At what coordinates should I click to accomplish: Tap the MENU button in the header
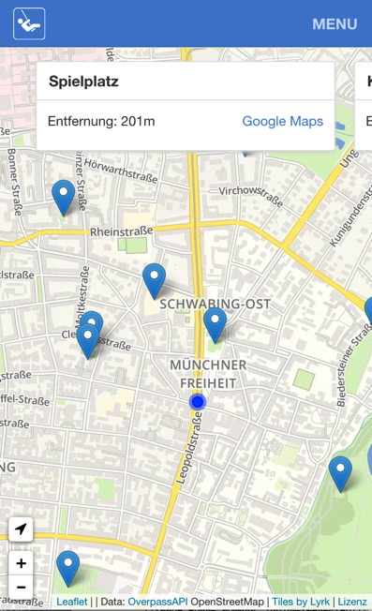point(335,24)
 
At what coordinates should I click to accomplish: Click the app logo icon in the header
point(29,23)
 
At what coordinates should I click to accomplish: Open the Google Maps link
point(282,121)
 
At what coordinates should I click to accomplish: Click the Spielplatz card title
point(83,82)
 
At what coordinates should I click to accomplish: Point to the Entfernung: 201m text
point(101,121)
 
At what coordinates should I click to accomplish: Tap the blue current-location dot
point(197,402)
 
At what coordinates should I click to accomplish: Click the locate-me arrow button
point(21,529)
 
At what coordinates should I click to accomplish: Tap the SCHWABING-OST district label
point(216,304)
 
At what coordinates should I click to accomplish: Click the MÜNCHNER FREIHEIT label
point(208,373)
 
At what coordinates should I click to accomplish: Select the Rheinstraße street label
point(121,231)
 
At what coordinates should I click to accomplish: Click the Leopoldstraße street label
point(186,451)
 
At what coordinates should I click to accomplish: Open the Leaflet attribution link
point(72,602)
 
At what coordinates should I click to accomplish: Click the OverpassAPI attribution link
point(157,602)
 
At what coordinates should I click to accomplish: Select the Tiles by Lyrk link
point(301,602)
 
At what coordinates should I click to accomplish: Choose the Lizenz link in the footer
point(352,602)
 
